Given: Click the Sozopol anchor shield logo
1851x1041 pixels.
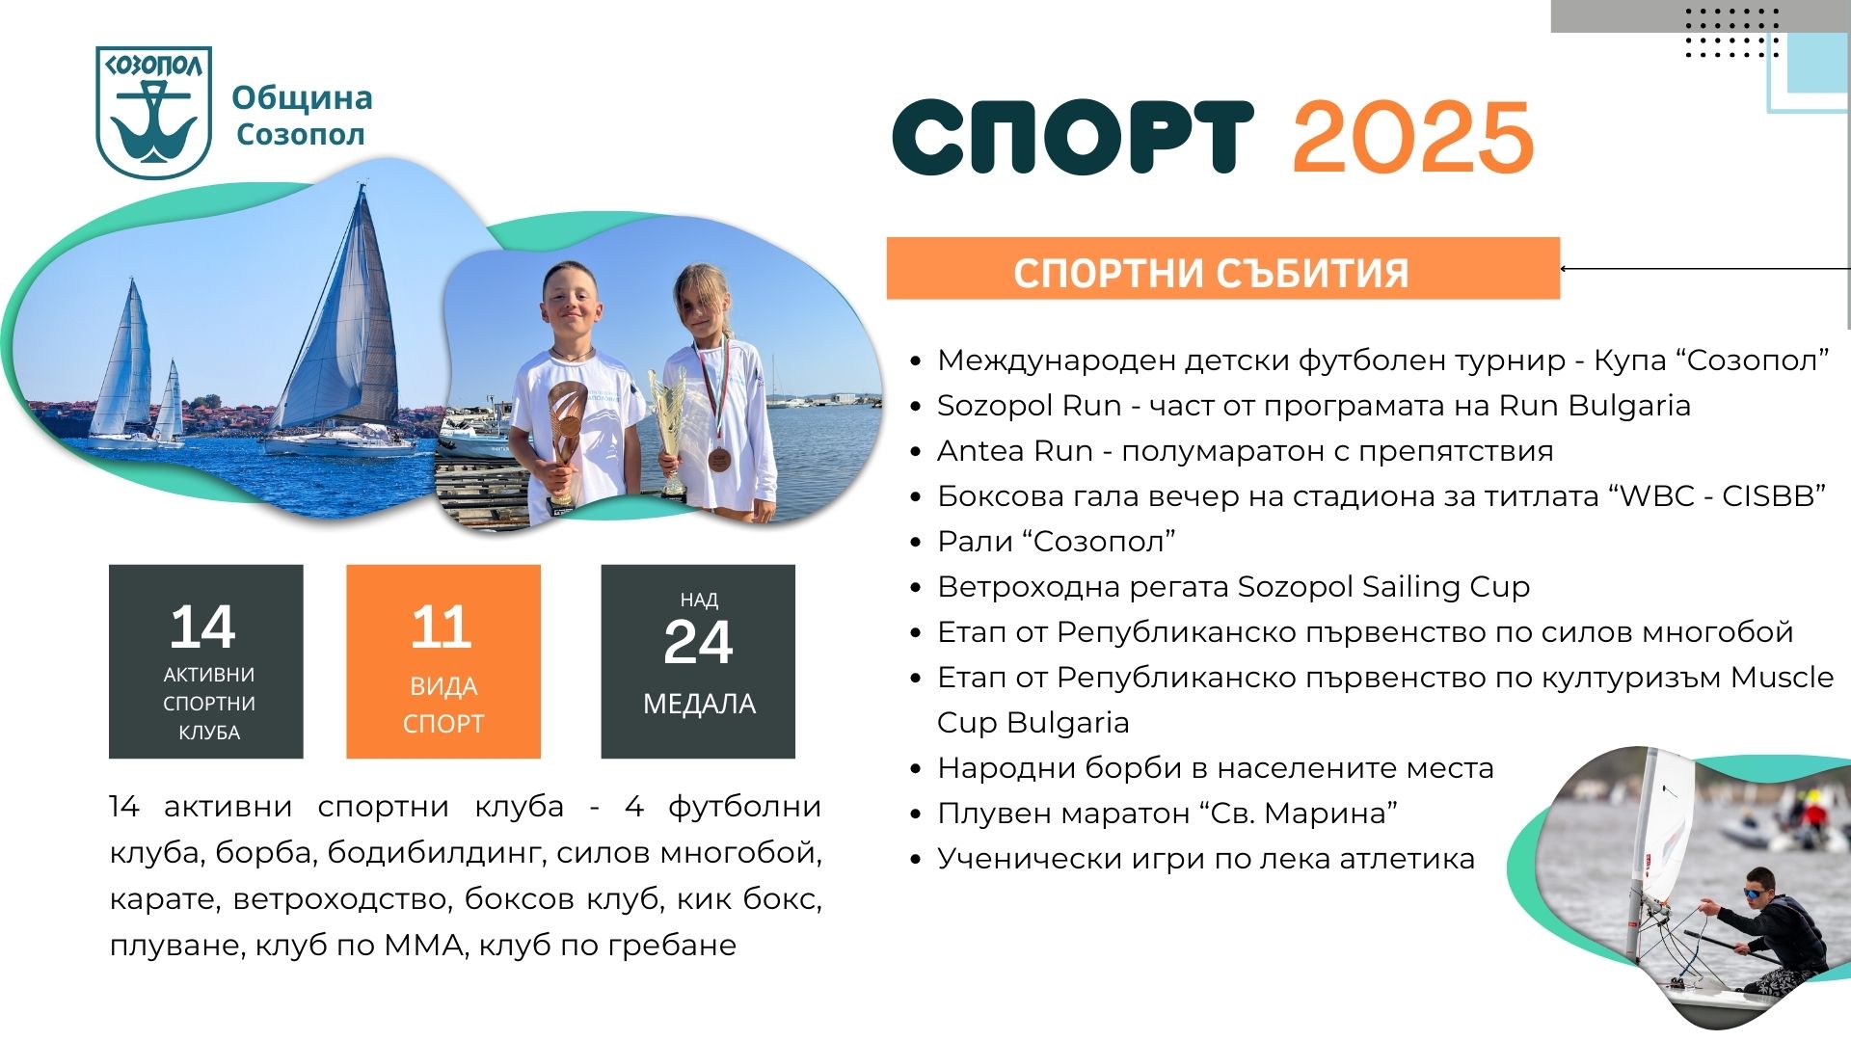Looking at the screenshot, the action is tap(153, 113).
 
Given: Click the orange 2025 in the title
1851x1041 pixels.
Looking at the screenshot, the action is tap(1413, 137).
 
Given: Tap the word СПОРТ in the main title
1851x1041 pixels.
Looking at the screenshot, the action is tap(1073, 137).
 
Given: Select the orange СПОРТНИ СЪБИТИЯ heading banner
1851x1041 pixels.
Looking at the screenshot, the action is tap(1222, 268).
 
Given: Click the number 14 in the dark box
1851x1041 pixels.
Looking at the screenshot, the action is tap(202, 627).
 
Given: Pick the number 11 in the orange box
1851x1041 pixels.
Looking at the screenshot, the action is tap(442, 627).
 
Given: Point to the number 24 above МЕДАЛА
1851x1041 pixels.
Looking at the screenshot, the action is tap(698, 642).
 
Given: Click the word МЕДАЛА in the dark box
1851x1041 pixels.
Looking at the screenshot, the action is tap(699, 704).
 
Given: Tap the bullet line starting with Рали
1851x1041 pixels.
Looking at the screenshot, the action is tap(1057, 541).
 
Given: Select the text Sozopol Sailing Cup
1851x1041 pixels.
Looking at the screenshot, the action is tap(1383, 586).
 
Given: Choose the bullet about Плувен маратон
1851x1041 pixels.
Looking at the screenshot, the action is tap(1167, 813).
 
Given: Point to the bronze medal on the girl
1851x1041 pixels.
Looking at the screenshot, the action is tap(718, 458).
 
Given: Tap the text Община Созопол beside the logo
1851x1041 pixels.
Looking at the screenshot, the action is tap(302, 116).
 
